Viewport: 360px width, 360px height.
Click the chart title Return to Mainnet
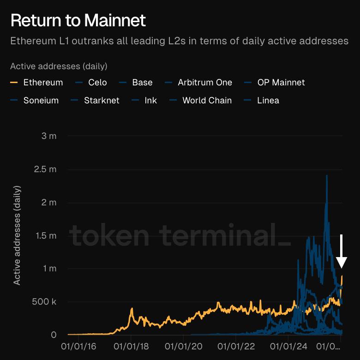click(78, 20)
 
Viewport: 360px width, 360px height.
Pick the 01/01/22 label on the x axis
click(236, 345)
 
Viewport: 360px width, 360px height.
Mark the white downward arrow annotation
click(342, 252)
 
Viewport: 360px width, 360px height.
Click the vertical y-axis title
click(17, 235)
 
